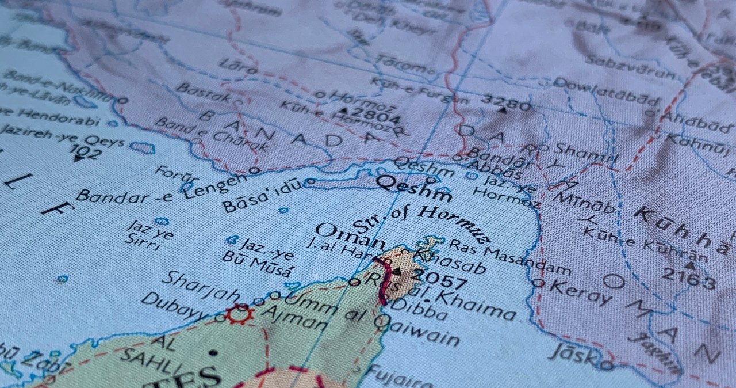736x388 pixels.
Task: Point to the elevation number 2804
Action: coord(376,117)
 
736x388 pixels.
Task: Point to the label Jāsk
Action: coord(573,352)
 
